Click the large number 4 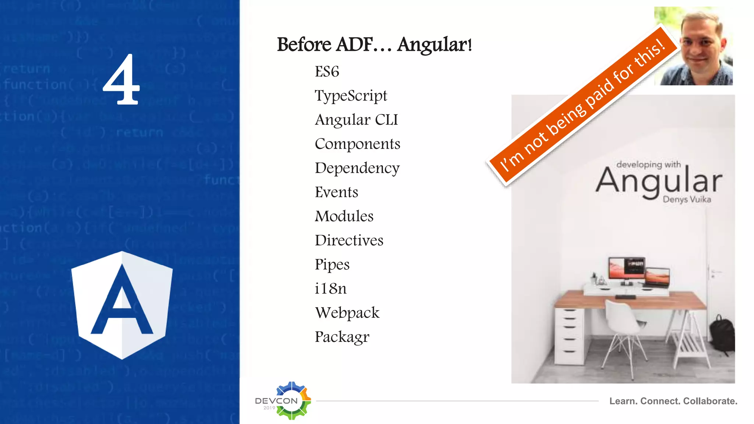coord(121,79)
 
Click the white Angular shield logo coord(122,305)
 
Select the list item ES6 coord(327,71)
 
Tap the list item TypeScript coord(350,96)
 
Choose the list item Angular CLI coord(356,120)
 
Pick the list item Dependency coord(357,168)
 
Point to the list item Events coord(336,192)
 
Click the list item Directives coord(349,240)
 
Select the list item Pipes coord(332,265)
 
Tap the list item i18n coord(330,289)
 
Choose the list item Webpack coord(347,313)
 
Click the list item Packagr coord(342,337)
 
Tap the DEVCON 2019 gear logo coord(291,400)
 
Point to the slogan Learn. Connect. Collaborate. coord(673,401)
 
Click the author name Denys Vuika coord(687,199)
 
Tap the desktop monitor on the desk coord(626,269)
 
